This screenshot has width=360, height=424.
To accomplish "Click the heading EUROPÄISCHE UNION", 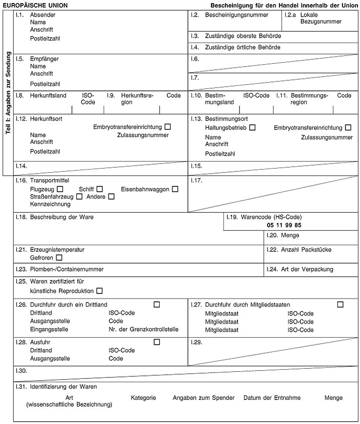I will pos(35,6).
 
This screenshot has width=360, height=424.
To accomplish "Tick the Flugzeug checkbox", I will pos(60,189).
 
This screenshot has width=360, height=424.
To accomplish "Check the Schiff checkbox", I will pos(99,189).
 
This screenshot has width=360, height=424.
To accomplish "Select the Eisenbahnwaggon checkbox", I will pos(175,189).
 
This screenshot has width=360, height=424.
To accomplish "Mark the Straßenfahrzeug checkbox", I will pos(79,197).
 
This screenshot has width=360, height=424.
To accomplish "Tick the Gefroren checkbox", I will pos(59,258).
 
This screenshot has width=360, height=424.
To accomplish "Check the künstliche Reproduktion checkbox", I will pos(99,291).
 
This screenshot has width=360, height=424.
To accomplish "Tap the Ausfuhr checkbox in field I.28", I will pos(157,342).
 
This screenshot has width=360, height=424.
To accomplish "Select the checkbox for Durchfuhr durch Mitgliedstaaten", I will pos(340,305).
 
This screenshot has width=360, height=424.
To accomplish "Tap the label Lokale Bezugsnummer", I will pos(320,19).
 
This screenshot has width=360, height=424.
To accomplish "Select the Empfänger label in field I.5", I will pos(44,59).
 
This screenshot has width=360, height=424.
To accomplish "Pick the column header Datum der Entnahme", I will pos(272,398).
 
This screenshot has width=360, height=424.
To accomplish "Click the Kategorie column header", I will pos(143,398).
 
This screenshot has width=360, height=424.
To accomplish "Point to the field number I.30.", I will pos(21,371).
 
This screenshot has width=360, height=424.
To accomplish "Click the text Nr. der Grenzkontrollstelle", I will pos(143,330).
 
